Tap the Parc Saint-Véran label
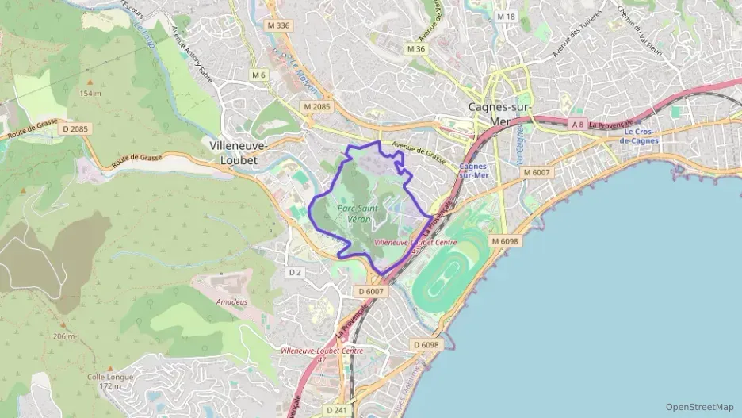tap(358, 213)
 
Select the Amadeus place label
tap(231, 302)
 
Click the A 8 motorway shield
tap(578, 125)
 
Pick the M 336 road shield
tap(279, 25)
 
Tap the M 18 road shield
tap(506, 17)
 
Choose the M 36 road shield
tap(416, 49)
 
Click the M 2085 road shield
tap(316, 105)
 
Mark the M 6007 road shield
tap(537, 171)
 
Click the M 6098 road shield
tap(504, 240)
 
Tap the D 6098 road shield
tap(426, 345)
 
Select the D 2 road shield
tap(295, 272)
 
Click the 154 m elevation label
tap(90, 94)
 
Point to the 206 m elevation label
tap(64, 336)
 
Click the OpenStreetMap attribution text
tap(700, 407)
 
